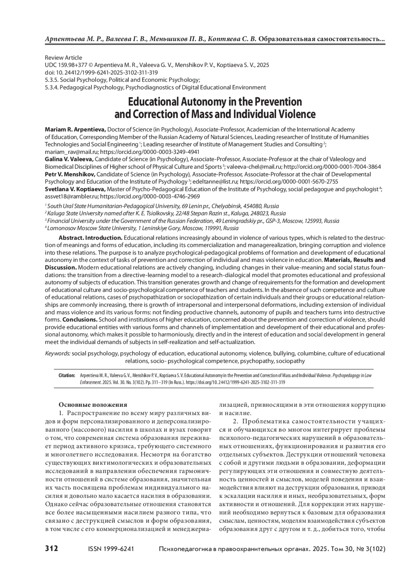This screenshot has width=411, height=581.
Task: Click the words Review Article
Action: coord(63,58)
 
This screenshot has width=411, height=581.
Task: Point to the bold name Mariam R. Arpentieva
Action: coord(76,129)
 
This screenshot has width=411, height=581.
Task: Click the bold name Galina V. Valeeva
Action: coord(69,159)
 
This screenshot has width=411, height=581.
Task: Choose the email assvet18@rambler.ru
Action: coord(72,197)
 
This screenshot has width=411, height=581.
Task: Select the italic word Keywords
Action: coord(58,353)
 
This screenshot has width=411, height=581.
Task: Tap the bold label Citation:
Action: coord(66,376)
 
